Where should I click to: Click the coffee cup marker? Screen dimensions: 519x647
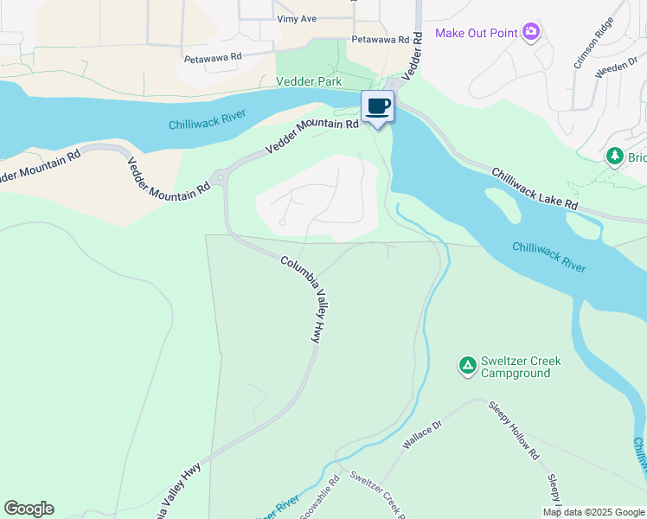(377, 106)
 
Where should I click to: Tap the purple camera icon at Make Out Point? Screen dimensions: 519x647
(531, 33)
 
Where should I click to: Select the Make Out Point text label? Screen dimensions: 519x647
(475, 33)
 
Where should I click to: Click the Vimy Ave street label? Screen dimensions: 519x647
(297, 18)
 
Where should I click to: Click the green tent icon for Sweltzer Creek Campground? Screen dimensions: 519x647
(467, 366)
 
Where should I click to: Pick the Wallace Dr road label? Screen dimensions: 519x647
(422, 435)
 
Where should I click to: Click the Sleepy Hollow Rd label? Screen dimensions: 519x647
(514, 430)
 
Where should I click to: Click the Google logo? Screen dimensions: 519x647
(29, 509)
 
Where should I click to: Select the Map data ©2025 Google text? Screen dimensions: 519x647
(593, 512)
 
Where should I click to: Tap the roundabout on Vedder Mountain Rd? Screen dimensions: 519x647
(220, 178)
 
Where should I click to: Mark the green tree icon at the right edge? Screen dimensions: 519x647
(615, 156)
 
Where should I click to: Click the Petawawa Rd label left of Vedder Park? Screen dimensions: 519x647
(213, 58)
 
